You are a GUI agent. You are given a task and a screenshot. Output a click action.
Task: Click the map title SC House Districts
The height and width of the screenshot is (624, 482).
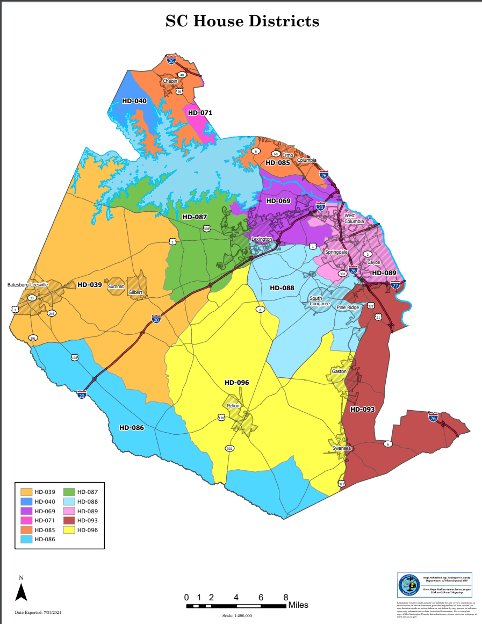242,21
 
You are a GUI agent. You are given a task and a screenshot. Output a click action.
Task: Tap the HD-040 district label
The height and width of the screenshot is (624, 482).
134,101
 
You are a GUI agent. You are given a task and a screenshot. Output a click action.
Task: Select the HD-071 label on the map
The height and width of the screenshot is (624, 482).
200,113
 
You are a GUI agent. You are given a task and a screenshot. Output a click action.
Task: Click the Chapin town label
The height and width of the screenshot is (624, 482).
170,81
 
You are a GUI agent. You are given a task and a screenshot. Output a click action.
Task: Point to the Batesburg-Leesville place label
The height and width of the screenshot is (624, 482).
27,284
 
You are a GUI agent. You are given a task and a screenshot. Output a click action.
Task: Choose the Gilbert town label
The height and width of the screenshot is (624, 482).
135,292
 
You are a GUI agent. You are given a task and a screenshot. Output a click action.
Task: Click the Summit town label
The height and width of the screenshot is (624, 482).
116,286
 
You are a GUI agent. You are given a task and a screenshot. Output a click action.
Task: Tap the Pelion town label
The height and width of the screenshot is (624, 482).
233,406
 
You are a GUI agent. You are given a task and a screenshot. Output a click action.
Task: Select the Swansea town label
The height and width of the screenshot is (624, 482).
341,448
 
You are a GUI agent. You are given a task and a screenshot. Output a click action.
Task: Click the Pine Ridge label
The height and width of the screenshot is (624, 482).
348,307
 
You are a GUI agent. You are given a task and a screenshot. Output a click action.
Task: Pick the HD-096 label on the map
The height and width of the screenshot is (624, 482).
236,383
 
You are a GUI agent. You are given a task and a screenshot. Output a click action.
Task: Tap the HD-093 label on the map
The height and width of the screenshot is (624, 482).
362,410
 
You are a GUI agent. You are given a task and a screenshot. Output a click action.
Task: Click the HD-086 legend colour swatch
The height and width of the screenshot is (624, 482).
26,539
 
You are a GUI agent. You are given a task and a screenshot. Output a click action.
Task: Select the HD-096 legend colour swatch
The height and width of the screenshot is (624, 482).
69,530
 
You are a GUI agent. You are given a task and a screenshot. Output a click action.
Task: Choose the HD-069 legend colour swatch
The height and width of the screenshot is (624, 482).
26,511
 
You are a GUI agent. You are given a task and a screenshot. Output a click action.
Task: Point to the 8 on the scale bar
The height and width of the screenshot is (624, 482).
286,597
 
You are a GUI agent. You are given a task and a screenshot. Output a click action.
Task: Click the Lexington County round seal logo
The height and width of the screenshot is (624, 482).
408,585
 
